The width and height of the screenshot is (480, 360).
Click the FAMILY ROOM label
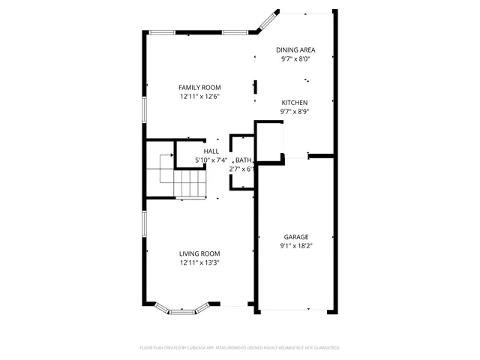pos(199,87)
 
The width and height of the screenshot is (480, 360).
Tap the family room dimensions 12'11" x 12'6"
pos(199,97)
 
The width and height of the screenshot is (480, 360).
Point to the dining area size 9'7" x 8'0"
pos(295,58)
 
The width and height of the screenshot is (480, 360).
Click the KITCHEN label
pos(295,103)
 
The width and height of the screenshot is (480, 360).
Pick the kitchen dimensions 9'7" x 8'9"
pos(295,112)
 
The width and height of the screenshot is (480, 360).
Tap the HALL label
pos(211,151)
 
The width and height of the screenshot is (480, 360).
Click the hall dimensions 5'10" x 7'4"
pos(211,160)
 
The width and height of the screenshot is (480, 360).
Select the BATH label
pos(243,160)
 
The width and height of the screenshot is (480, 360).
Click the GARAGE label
pos(295,237)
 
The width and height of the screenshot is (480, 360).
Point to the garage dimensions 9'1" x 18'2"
pos(295,246)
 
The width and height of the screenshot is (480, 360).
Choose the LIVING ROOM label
pos(199,253)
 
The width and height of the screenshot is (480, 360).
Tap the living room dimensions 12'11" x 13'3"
pos(199,263)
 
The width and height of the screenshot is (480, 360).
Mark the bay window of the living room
pos(181,308)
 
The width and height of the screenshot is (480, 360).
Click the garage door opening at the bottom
pos(295,310)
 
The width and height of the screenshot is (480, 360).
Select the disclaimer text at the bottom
pos(240,348)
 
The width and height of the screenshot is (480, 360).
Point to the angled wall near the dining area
pos(268,22)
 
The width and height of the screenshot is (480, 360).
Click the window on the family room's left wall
pos(145,108)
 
